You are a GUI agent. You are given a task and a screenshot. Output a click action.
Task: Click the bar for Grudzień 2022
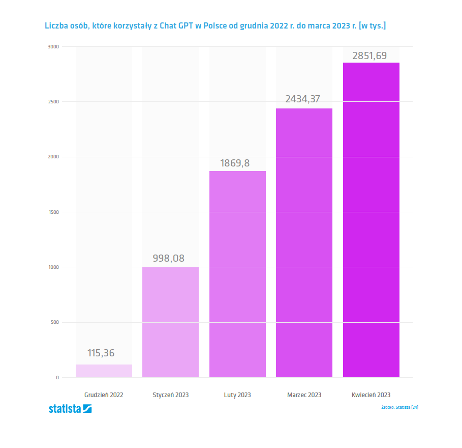point(104,371)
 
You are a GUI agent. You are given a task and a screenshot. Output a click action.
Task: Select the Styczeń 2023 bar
point(170,322)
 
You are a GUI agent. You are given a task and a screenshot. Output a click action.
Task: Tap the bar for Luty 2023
point(237,274)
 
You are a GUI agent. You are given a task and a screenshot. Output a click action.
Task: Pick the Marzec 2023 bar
point(304,243)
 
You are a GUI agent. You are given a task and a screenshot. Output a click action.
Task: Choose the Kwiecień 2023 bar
point(371,220)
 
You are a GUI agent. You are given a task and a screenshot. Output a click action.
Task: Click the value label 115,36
point(101,353)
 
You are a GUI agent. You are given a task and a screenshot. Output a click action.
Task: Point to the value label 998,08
point(169,258)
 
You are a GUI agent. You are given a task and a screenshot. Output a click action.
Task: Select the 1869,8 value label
point(235,163)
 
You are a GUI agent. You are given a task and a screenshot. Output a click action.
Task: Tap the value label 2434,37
point(302,99)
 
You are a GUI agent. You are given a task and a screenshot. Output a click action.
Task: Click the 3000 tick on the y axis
point(54,47)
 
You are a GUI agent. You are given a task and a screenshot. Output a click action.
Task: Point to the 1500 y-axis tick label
point(54,212)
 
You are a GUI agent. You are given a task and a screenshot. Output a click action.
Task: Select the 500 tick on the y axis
point(55,322)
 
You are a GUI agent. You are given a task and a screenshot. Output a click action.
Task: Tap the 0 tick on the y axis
point(57,378)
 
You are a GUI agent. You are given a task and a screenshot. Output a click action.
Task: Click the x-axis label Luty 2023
point(237,395)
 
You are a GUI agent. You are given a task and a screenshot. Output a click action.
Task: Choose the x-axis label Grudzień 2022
point(104,395)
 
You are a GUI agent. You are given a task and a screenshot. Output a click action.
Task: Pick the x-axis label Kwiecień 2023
point(371,395)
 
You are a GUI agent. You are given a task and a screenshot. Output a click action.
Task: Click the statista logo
point(70,408)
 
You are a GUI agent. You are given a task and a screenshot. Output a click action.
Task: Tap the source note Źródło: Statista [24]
point(399,407)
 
